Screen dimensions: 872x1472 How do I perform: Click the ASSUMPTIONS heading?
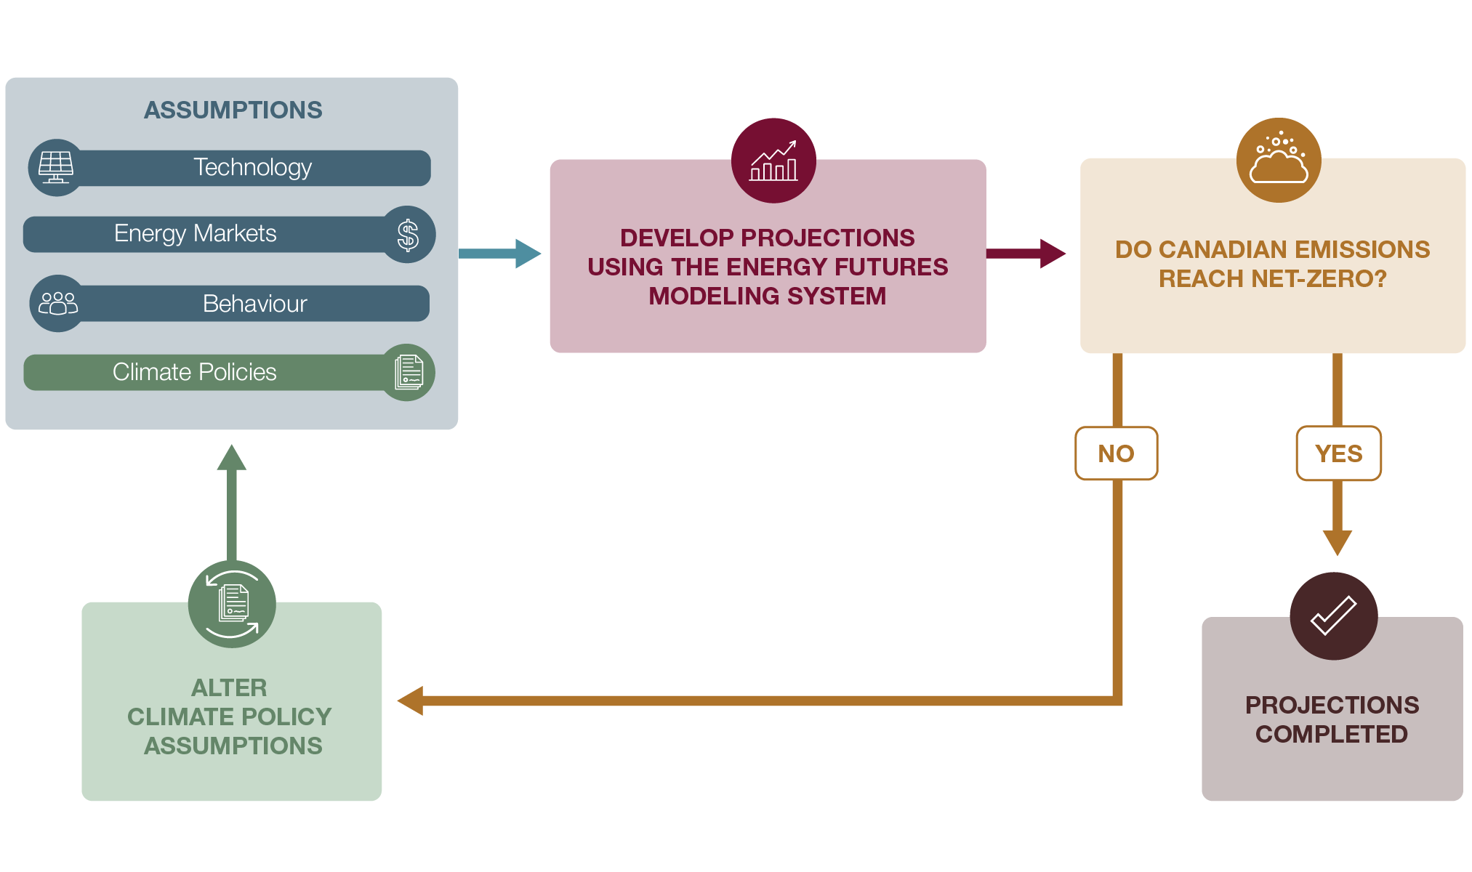(x=233, y=110)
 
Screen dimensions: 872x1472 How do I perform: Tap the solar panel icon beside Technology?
(x=56, y=167)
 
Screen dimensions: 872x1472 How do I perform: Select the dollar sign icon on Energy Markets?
(x=408, y=235)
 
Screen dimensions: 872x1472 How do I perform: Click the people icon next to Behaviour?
(x=58, y=303)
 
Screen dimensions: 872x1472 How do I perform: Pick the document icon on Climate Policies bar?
(x=409, y=372)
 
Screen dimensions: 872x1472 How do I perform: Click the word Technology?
(x=252, y=167)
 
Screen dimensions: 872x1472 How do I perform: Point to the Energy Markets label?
(x=195, y=233)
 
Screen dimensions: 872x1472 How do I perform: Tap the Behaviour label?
(x=254, y=303)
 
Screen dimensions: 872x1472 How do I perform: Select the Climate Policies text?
(x=194, y=372)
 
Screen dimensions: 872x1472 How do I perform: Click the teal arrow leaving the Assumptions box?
(x=499, y=254)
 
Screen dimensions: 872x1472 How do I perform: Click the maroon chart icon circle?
(x=773, y=161)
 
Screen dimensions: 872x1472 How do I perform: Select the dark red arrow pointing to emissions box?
(x=1026, y=254)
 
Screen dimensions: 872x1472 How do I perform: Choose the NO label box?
(x=1116, y=453)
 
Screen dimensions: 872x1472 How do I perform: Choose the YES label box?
(x=1338, y=453)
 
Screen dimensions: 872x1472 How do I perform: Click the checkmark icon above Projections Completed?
(x=1333, y=616)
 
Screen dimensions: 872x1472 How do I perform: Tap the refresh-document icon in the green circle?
(x=232, y=604)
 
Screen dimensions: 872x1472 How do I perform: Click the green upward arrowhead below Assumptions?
(x=232, y=459)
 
